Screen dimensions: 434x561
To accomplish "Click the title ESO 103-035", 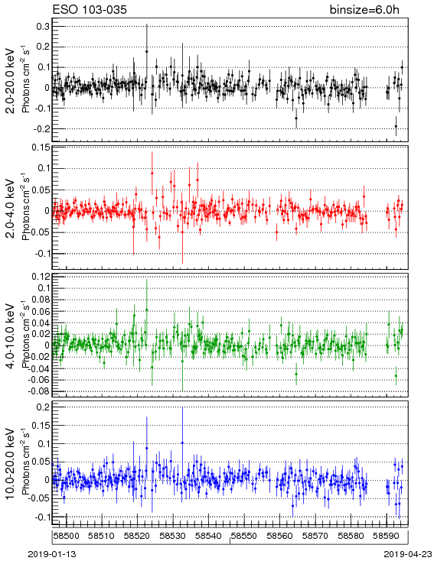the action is point(90,9).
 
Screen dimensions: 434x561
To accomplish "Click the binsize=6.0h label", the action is point(364,10).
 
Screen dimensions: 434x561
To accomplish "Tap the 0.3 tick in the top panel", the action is point(43,27).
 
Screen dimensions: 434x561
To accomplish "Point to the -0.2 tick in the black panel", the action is point(41,129).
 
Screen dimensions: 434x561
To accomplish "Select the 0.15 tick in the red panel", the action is point(41,148).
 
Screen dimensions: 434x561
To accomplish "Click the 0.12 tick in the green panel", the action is point(41,277).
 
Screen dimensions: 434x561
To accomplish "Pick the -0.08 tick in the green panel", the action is point(40,391).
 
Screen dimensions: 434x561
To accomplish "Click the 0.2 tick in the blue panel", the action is point(43,407).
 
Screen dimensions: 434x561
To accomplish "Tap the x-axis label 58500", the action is point(66,536).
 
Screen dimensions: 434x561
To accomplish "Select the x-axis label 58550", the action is point(243,536).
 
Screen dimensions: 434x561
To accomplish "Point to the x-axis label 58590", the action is point(386,536).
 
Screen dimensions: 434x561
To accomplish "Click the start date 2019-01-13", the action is point(52,554).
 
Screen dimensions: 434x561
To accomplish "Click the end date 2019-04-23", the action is point(408,554).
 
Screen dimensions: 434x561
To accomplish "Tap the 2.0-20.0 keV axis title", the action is point(11,80).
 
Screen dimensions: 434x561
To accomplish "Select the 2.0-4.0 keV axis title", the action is point(11,208).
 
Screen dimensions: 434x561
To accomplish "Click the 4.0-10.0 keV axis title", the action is point(11,336).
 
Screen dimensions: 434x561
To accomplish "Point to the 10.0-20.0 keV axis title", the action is point(11,464).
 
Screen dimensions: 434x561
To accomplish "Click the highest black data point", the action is point(146,51).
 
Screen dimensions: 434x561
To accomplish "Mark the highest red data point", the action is point(152,173).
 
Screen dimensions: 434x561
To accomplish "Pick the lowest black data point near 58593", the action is point(396,126).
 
